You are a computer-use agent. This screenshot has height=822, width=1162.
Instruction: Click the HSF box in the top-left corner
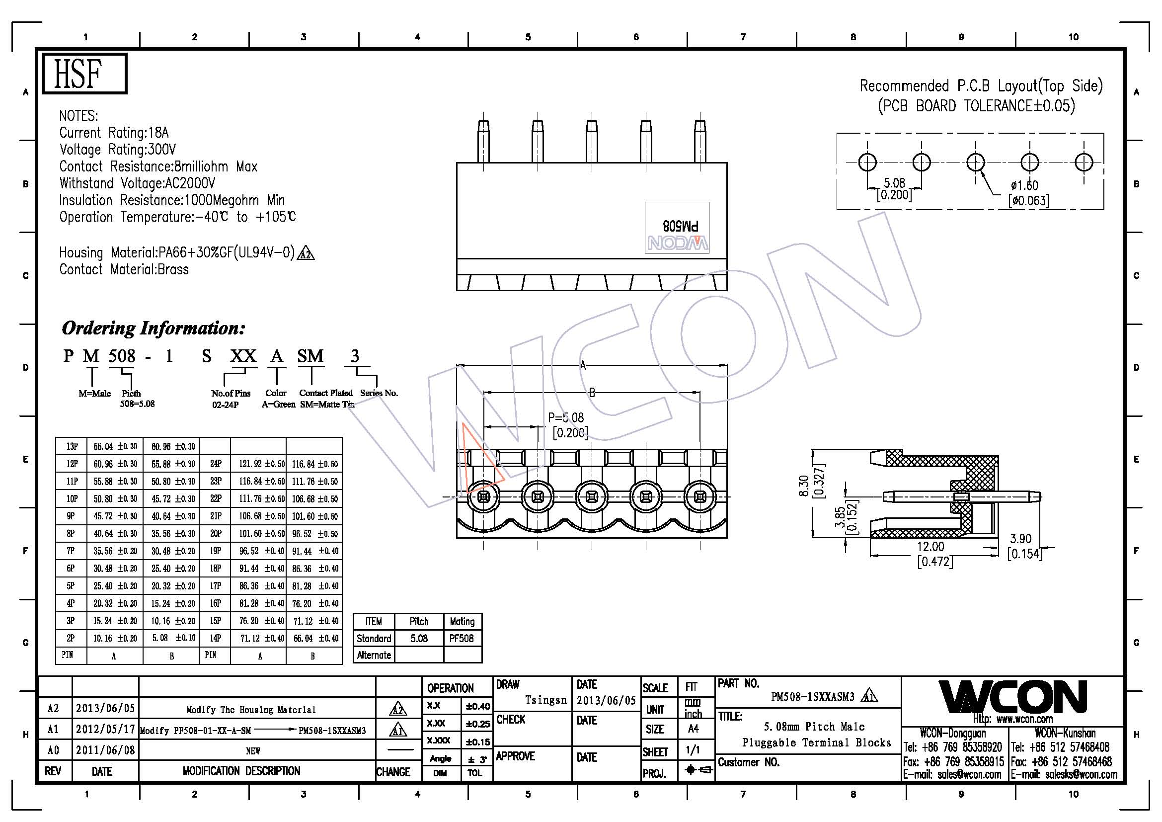[x=84, y=74]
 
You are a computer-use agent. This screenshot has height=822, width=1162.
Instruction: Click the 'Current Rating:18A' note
[x=114, y=133]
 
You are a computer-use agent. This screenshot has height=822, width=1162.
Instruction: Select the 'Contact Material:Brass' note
[x=124, y=269]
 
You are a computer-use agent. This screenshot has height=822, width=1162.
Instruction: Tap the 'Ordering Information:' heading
[x=154, y=328]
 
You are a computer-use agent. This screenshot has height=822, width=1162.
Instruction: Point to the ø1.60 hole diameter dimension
[x=1024, y=185]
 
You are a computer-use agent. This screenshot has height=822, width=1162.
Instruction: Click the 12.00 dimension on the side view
[x=930, y=547]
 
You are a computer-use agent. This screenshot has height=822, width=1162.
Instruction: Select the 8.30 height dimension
[x=803, y=486]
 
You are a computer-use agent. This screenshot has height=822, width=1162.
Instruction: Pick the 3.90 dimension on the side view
[x=1020, y=539]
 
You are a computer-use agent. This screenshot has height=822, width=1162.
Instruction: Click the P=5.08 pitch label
[x=566, y=417]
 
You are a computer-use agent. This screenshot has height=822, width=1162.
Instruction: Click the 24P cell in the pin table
[x=216, y=464]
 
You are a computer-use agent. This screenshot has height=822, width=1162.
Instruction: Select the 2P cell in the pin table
[x=71, y=638]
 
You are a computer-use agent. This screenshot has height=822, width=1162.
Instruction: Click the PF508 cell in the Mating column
[x=462, y=638]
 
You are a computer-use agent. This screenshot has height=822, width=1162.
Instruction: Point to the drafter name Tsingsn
[x=545, y=700]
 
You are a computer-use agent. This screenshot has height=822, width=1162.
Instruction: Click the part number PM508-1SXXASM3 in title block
[x=812, y=697]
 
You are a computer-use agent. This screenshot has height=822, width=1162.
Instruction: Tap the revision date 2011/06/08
[x=105, y=749]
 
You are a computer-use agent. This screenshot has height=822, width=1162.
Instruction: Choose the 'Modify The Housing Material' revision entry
[x=251, y=710]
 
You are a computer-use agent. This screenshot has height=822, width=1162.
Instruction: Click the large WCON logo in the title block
[x=1012, y=697]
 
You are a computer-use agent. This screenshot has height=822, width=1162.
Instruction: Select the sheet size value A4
[x=693, y=729]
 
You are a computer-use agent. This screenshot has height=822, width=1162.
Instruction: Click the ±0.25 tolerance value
[x=478, y=724]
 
